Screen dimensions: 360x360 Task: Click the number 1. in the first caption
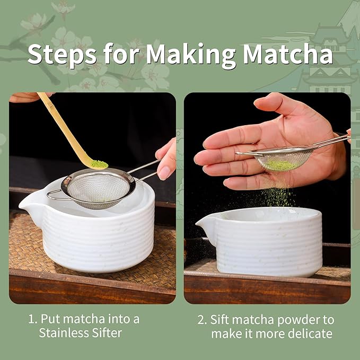coord(32,319)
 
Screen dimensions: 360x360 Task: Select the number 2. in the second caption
coord(201,319)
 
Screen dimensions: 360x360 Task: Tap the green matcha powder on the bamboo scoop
coord(99,164)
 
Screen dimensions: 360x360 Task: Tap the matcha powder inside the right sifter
coord(280,164)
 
